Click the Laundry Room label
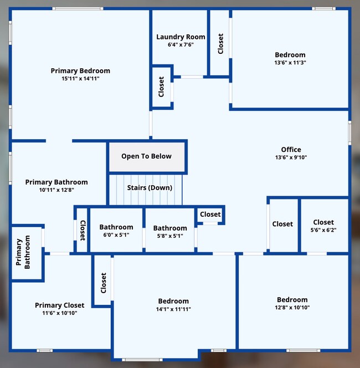[x=180, y=37]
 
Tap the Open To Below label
[x=147, y=156]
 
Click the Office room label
[x=291, y=150]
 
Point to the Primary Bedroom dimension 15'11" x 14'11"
[x=80, y=79]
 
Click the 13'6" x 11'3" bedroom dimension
[x=290, y=63]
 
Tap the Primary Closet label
[x=60, y=305]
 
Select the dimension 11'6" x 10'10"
[x=60, y=313]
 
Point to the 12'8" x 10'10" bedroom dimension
[x=292, y=308]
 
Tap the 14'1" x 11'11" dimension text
[x=174, y=309]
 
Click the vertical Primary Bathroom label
[x=22, y=253]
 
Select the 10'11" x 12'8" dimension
[x=56, y=190]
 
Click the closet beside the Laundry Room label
[x=220, y=43]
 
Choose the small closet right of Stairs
[x=210, y=214]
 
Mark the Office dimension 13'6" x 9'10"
[x=291, y=157]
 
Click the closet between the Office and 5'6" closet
[x=282, y=224]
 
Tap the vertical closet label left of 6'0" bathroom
[x=82, y=231]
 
